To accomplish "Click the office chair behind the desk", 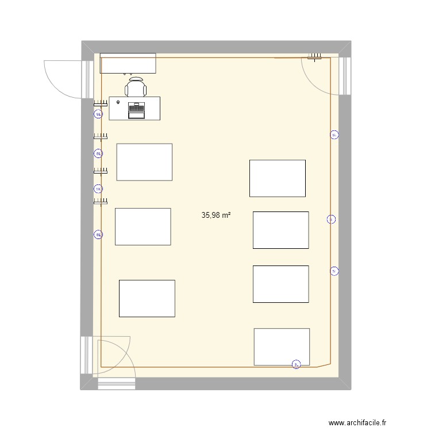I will point(136,88).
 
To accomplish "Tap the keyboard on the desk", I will point(136,107).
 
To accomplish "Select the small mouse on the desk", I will point(118,102).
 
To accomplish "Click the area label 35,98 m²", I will point(216,215).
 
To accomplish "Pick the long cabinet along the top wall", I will point(128,63).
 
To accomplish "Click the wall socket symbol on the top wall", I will point(315,56).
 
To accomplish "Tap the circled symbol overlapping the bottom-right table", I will point(296,364).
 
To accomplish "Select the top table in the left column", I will point(144,162).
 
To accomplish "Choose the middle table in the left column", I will point(143,226).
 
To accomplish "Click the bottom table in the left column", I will point(147,298).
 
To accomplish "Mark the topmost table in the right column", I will point(277,178).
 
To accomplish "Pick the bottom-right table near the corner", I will point(282,347).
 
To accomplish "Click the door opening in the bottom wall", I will point(116,383).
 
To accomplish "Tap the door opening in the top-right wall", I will point(344,76).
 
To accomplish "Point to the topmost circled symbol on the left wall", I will point(98,114).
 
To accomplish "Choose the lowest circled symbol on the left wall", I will point(98,234).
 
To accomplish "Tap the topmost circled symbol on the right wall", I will point(334,135).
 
